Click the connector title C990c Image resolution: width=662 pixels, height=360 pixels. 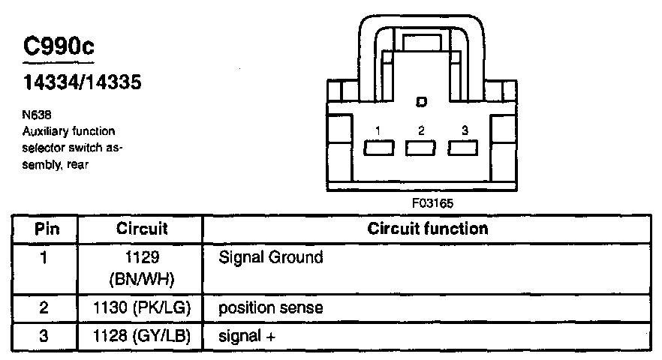coord(59,46)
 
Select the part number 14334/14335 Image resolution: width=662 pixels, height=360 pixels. coord(82,82)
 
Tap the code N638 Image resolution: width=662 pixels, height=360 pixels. coord(37,114)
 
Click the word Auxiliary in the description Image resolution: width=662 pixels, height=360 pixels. coord(46,131)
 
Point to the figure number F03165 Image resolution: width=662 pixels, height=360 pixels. coord(432,203)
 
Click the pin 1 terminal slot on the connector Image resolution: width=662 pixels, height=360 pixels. coord(379,148)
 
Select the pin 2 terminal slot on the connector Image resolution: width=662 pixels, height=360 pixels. coord(420,148)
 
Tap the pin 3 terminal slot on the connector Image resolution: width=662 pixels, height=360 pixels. coord(462,148)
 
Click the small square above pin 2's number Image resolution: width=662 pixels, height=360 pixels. coord(421,102)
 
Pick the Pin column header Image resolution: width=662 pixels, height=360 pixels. coord(47,229)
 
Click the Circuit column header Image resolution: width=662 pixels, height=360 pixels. coord(142,229)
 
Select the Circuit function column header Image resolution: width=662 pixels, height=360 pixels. coord(427,229)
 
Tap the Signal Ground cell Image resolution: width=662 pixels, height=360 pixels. coord(271,257)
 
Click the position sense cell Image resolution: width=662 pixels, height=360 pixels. coord(271,307)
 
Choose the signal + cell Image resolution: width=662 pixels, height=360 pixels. coord(247,336)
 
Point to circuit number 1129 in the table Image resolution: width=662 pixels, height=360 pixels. coord(143,257)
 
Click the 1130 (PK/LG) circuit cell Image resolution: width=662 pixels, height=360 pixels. coord(142,307)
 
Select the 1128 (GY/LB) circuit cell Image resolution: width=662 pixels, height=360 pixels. coord(142,336)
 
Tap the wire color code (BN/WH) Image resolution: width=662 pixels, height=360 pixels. coord(142,280)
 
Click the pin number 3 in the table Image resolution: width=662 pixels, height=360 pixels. coord(44,336)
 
